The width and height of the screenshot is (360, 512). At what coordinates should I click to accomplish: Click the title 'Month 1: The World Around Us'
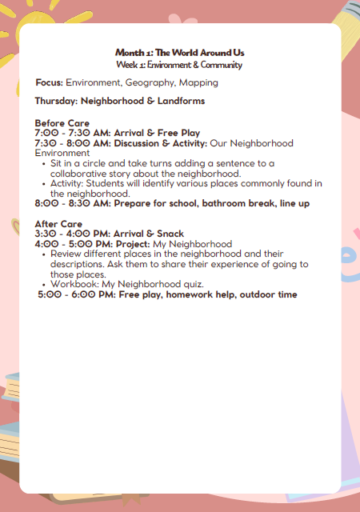pos(179,52)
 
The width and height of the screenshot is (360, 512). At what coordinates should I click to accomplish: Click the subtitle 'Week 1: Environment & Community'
pos(179,64)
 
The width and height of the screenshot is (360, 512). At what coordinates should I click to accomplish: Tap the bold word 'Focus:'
pos(49,82)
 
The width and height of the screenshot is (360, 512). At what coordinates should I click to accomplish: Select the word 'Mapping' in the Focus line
pos(198,82)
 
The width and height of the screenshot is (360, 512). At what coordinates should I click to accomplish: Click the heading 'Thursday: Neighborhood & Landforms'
pos(119,101)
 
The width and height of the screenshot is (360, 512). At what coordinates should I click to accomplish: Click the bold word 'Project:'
pos(132,244)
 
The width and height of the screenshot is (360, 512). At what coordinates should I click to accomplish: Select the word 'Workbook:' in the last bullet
pos(74,284)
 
